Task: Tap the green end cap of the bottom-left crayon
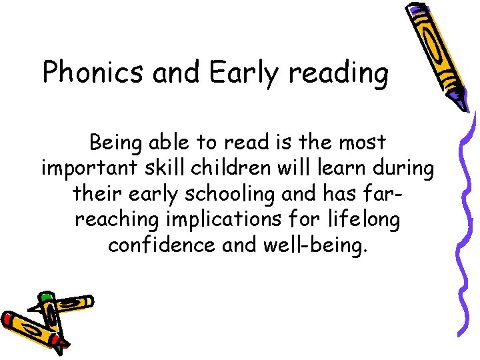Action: [45, 296]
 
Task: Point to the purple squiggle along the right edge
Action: [469, 220]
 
